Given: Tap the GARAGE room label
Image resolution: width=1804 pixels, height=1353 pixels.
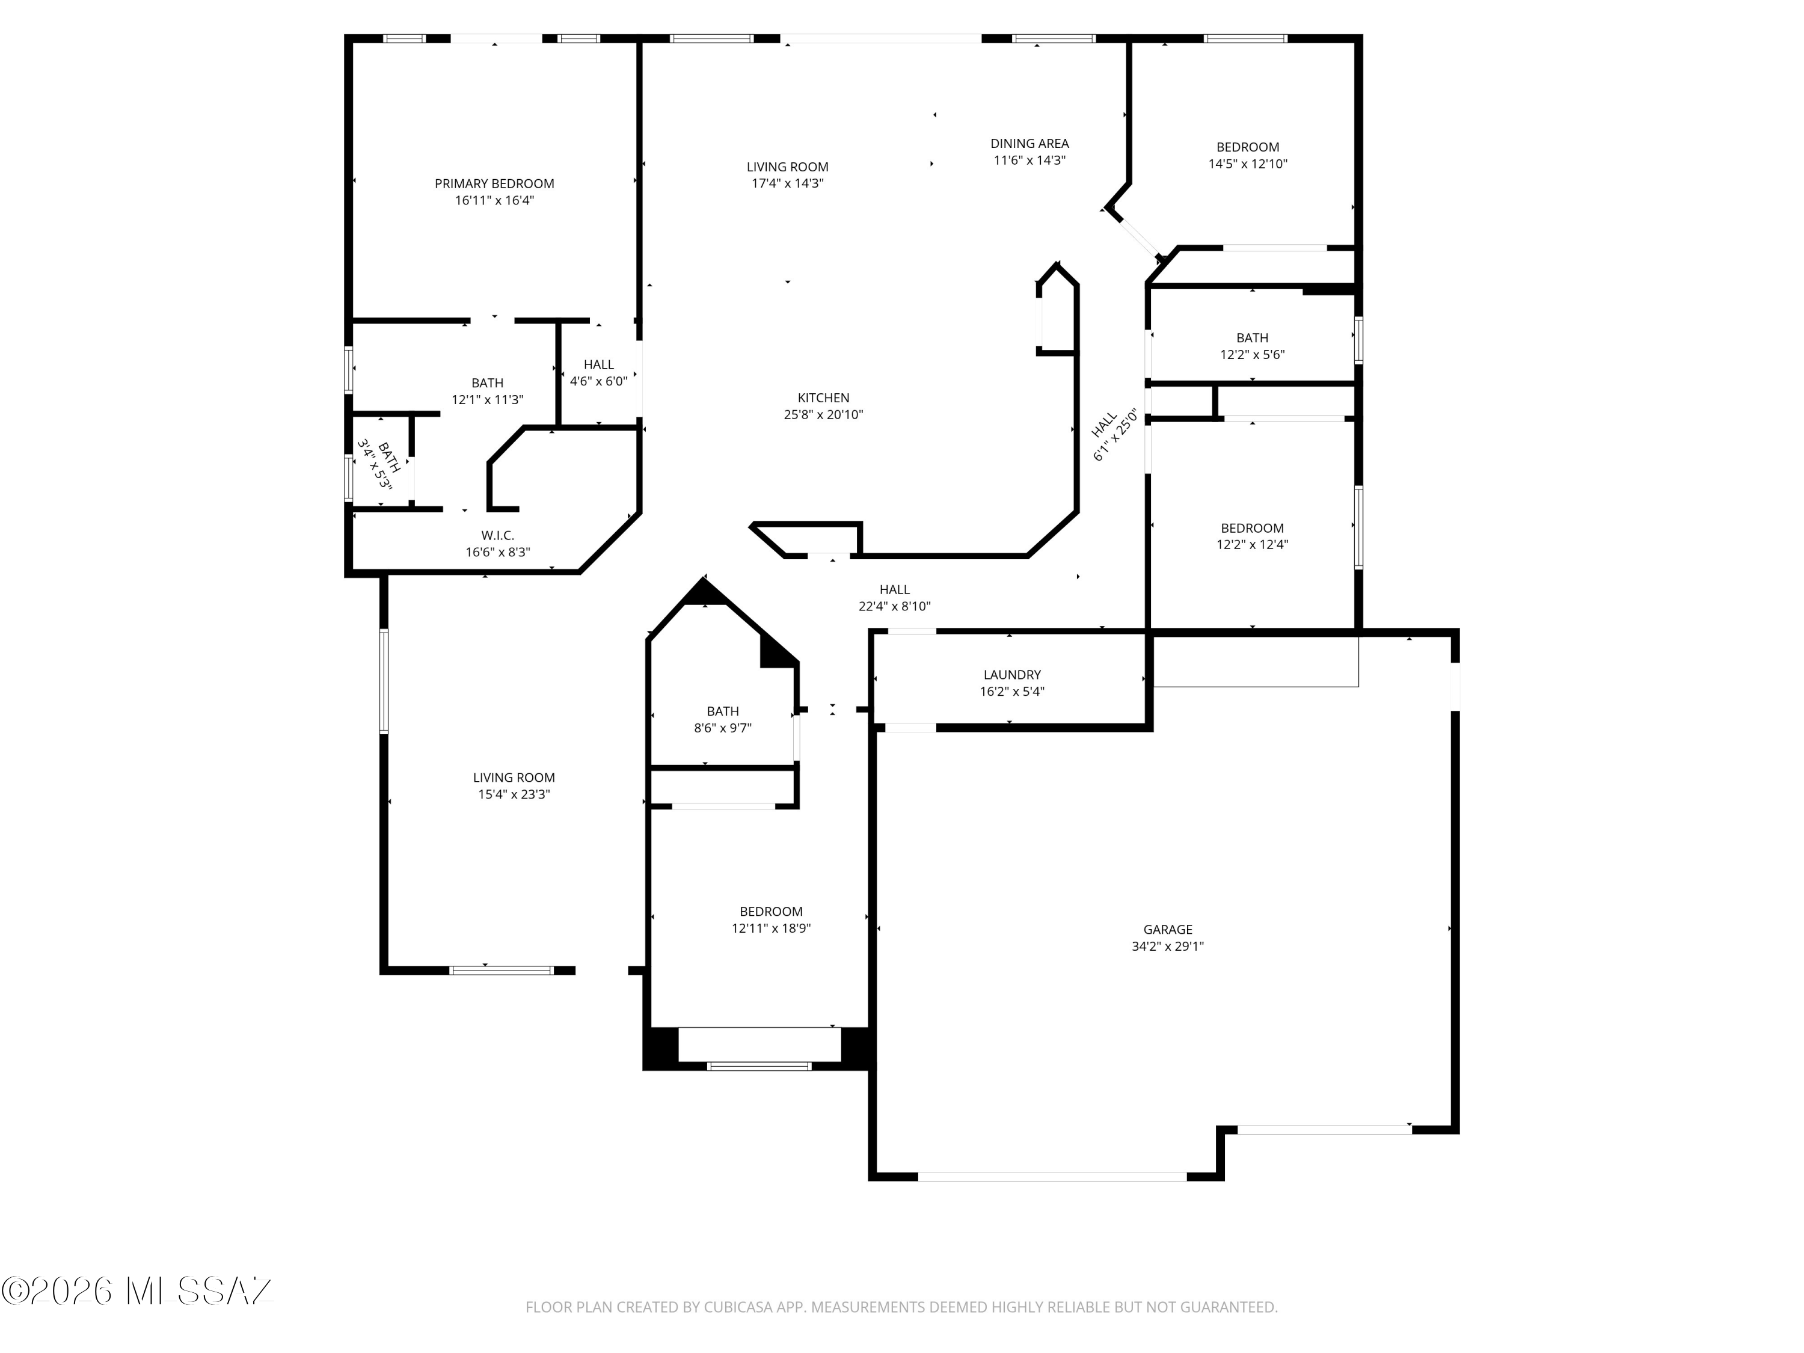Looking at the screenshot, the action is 1168,930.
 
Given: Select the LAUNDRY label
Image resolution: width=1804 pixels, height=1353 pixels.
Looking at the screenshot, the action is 1012,675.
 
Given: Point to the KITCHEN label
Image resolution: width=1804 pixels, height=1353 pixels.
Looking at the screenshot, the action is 824,398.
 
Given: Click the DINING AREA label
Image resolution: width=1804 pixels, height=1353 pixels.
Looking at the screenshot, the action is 1030,144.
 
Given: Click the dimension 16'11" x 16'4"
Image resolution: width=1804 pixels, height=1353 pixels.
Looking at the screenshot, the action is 494,201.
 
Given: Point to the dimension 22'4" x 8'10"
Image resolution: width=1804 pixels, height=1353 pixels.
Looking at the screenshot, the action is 895,607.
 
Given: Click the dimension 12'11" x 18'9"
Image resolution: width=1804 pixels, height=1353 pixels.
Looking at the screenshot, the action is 771,928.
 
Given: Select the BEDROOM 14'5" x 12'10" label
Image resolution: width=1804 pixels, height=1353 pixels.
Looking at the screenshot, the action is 1248,156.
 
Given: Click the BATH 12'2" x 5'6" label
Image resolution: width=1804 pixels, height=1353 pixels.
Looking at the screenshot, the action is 1252,346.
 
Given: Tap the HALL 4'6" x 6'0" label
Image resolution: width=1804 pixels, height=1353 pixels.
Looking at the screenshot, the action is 598,373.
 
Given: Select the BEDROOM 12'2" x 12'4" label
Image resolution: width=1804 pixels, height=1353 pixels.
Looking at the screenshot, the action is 1252,536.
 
